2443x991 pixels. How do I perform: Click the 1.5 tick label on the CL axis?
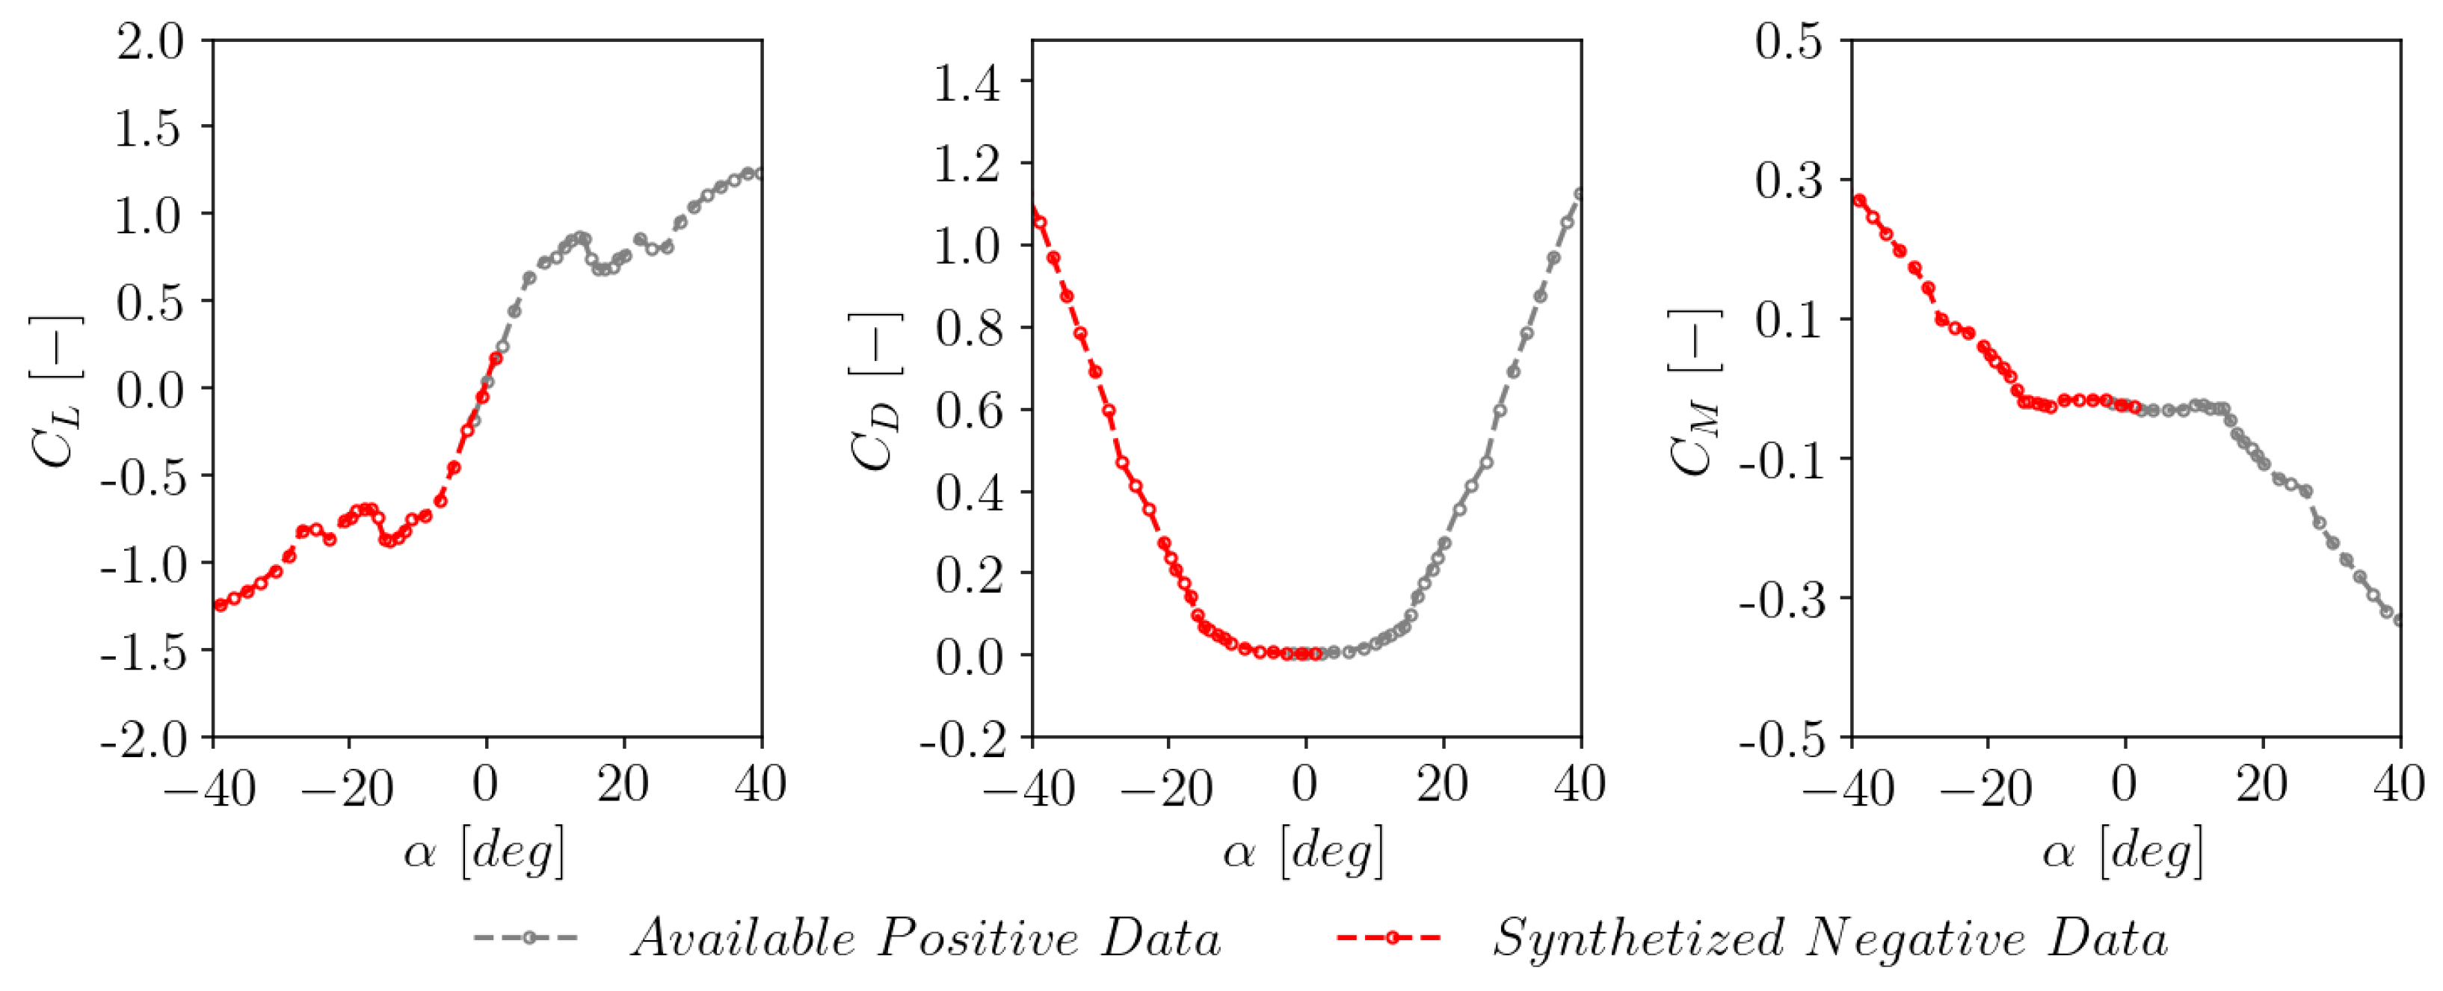tap(148, 128)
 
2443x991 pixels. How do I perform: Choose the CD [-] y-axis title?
tap(875, 391)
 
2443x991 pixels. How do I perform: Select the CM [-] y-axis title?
tap(1695, 391)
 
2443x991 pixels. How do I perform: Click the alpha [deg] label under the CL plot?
tap(484, 850)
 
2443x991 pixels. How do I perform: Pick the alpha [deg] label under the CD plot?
tap(1304, 850)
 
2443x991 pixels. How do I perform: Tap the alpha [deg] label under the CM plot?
tap(2123, 850)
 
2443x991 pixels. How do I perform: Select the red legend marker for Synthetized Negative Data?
tap(1390, 938)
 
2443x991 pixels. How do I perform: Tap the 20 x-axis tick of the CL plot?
tap(623, 784)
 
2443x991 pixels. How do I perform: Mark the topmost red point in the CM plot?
tap(1859, 201)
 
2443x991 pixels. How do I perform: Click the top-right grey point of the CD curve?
tap(1579, 194)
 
